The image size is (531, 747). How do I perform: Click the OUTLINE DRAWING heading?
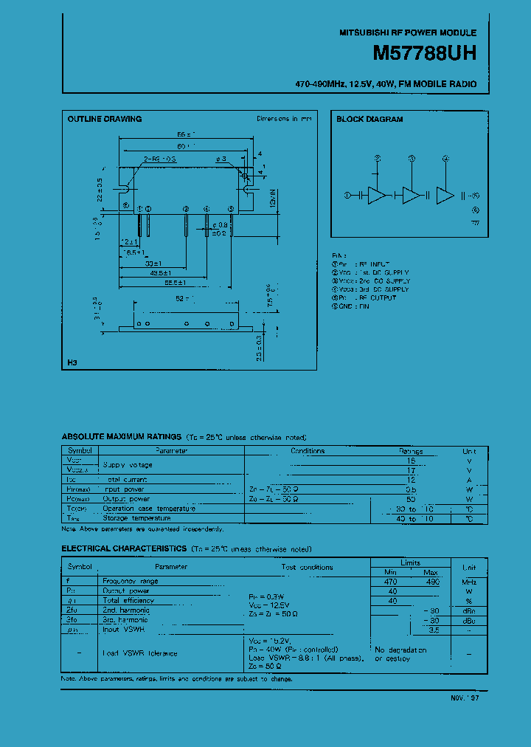point(105,119)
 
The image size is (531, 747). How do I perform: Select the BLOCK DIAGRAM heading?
point(369,119)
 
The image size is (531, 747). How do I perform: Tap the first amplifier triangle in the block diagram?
point(377,195)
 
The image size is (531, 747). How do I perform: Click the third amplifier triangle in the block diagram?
point(445,195)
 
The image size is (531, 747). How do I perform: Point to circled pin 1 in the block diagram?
point(348,195)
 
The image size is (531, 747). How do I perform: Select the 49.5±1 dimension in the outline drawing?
point(153,272)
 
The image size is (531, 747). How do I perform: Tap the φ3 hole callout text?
point(221,159)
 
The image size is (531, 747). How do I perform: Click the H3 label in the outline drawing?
point(72,362)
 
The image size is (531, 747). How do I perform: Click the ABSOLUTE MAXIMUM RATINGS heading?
point(122,438)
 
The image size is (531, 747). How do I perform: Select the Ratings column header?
point(411,450)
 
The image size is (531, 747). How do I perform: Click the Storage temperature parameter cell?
point(137,518)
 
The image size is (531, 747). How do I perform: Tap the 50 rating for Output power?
point(411,499)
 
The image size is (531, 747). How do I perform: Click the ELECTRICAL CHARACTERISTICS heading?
point(124,548)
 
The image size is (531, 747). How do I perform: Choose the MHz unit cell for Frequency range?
point(468,582)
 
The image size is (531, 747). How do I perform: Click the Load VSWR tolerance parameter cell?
point(140,653)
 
